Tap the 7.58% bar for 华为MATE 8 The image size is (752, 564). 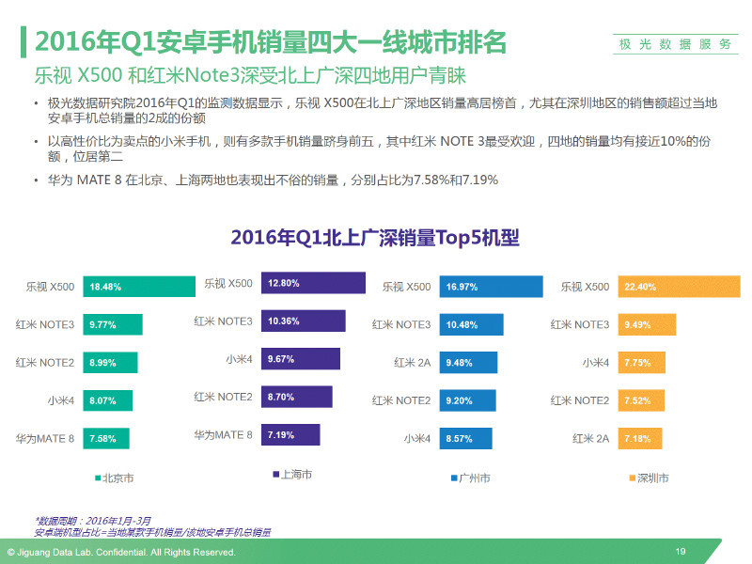(x=106, y=438)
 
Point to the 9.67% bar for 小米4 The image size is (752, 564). (x=301, y=359)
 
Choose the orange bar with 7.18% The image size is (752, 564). (x=639, y=438)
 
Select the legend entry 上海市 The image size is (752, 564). (x=292, y=475)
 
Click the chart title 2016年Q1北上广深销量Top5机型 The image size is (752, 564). (x=375, y=238)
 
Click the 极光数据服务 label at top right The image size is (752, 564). (x=675, y=43)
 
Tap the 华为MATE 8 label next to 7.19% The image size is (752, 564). (x=223, y=434)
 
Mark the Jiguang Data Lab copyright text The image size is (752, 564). (x=121, y=552)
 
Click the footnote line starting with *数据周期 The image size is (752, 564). (x=93, y=520)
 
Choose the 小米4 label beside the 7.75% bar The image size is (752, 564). (x=595, y=362)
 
